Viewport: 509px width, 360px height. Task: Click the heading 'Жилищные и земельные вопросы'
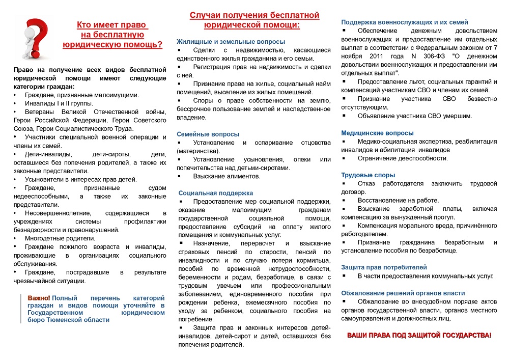coord(231,41)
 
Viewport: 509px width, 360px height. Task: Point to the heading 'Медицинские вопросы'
coord(377,133)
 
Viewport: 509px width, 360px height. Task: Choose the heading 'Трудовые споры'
coord(368,175)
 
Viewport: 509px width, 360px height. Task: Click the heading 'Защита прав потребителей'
coord(384,267)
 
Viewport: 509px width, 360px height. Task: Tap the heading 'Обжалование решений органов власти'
coord(403,293)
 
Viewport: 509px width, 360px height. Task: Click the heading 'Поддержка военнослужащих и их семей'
coord(405,22)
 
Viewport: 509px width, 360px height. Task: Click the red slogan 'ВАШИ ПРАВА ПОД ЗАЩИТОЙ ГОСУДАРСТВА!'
coord(419,335)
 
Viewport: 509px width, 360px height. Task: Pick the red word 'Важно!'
coord(39,297)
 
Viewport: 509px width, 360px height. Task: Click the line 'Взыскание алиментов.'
coord(227,176)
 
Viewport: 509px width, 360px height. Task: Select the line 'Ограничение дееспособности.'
coord(403,158)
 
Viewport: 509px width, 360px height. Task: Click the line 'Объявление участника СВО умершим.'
coord(415,116)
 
